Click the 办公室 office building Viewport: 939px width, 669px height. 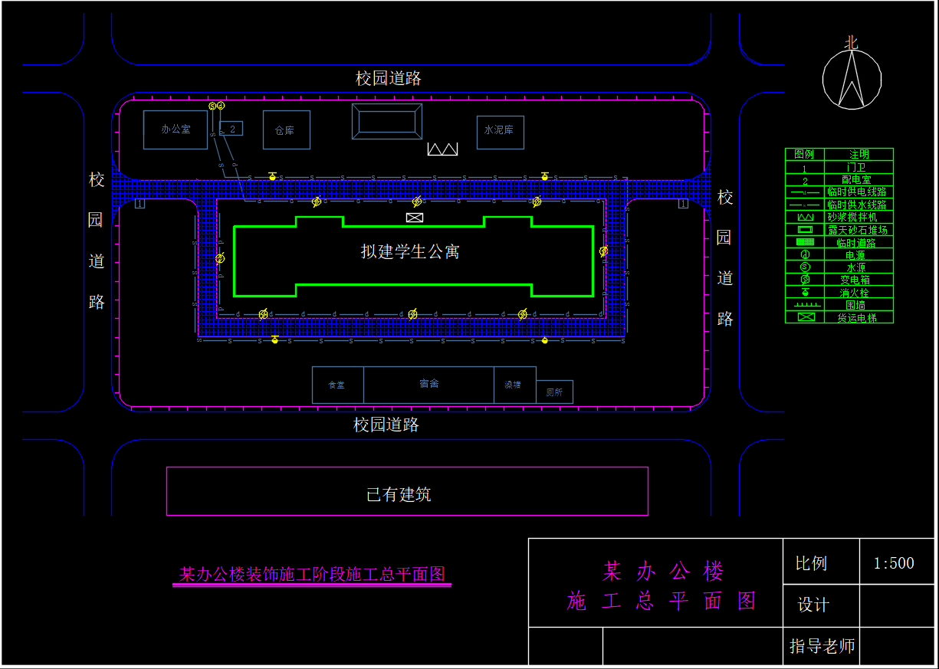pyautogui.click(x=176, y=130)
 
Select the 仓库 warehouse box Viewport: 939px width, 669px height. pyautogui.click(x=286, y=130)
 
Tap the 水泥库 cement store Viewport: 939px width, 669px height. pyautogui.click(x=500, y=130)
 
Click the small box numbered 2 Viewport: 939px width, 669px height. pyautogui.click(x=231, y=129)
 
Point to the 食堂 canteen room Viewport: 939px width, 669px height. pyautogui.click(x=337, y=385)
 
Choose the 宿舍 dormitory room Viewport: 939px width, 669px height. pyautogui.click(x=428, y=384)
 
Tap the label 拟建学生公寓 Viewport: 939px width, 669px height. pyautogui.click(x=410, y=251)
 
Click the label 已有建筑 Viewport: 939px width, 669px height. pyautogui.click(x=399, y=494)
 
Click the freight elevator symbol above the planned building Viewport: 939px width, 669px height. pyautogui.click(x=415, y=218)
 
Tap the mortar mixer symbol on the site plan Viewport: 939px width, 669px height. pyautogui.click(x=442, y=149)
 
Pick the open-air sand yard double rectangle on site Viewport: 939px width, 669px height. pyautogui.click(x=387, y=122)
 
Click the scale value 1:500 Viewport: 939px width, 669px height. pyautogui.click(x=894, y=563)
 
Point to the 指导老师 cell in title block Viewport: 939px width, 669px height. pyautogui.click(x=822, y=647)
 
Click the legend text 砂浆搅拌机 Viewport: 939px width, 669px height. pyautogui.click(x=857, y=218)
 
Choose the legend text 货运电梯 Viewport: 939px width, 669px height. pyautogui.click(x=856, y=317)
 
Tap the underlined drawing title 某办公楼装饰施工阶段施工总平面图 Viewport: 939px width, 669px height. pyautogui.click(x=312, y=574)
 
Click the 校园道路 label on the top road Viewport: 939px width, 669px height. pyautogui.click(x=389, y=78)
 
